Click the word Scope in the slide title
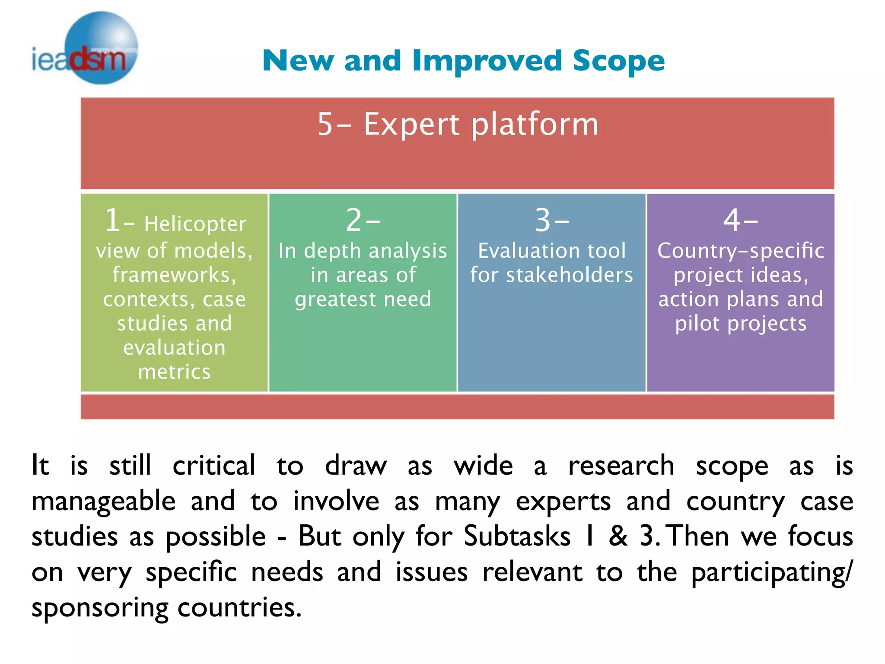[x=618, y=61]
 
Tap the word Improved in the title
[x=487, y=61]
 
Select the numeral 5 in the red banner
[x=325, y=124]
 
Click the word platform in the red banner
[x=535, y=124]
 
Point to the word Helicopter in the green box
[x=195, y=224]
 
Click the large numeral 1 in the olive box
[x=112, y=220]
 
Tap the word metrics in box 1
[x=174, y=372]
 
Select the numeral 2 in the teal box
[x=354, y=220]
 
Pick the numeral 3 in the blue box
[x=543, y=220]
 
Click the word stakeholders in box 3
[x=569, y=275]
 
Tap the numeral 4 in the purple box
[x=732, y=220]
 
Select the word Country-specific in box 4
[x=741, y=251]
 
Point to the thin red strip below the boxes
[x=457, y=406]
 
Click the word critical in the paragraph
[x=214, y=466]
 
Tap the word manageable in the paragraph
[x=104, y=501]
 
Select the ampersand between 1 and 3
[x=618, y=536]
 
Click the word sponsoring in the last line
[x=100, y=608]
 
